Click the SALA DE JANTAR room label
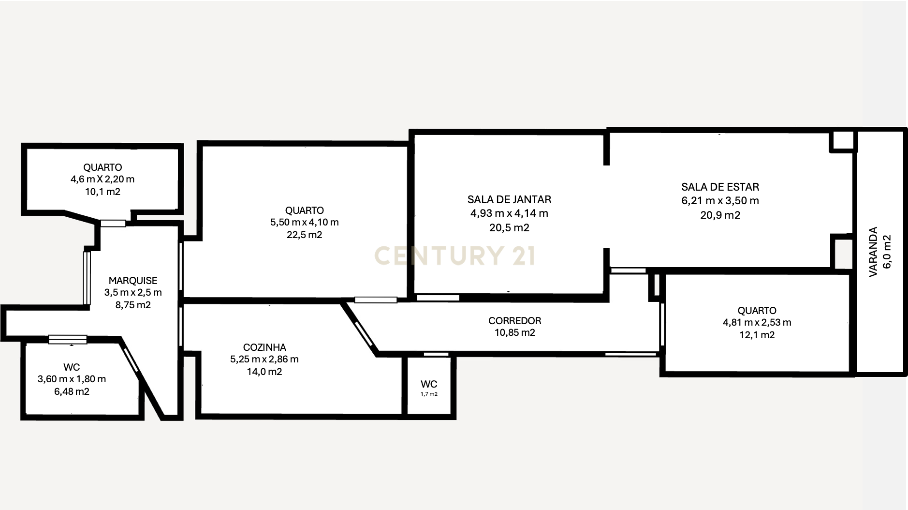(509, 199)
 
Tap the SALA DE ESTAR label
(720, 187)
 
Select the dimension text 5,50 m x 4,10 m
(304, 223)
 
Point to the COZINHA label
(264, 347)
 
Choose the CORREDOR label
(514, 321)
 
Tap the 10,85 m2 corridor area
(514, 333)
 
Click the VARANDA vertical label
(873, 252)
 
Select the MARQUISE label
(133, 281)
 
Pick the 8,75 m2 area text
(133, 305)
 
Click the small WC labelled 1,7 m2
(429, 385)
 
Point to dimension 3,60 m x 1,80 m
(72, 379)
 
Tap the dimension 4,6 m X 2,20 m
(103, 180)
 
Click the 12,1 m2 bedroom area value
(757, 335)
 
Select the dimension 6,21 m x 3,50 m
(720, 201)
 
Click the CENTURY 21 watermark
(454, 255)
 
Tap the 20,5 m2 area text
(509, 228)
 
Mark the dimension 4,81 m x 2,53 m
(757, 323)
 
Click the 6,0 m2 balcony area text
(887, 252)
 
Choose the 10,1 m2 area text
(103, 192)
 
